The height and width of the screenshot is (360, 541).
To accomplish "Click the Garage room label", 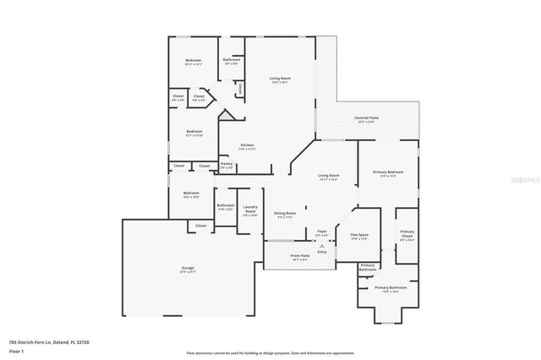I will (187, 270).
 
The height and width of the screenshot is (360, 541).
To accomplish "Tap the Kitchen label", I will (247, 146).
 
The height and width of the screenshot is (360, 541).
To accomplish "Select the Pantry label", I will (227, 165).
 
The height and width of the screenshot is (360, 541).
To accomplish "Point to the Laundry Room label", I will (250, 208).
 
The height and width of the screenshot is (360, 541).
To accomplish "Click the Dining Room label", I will (285, 214).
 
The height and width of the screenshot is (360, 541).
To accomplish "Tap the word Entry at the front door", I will (322, 250).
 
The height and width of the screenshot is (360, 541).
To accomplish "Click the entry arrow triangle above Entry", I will (322, 243).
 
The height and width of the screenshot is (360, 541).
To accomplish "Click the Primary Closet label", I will (407, 234).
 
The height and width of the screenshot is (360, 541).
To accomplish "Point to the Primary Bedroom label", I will (388, 173).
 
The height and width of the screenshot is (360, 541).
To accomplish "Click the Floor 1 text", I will (15, 349).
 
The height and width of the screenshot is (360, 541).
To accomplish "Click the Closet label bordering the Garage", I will (201, 226).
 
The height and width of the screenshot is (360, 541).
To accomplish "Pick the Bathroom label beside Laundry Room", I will (225, 206).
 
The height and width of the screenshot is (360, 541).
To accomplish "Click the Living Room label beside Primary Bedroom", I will (328, 177).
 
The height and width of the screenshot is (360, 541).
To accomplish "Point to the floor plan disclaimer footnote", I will (270, 353).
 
